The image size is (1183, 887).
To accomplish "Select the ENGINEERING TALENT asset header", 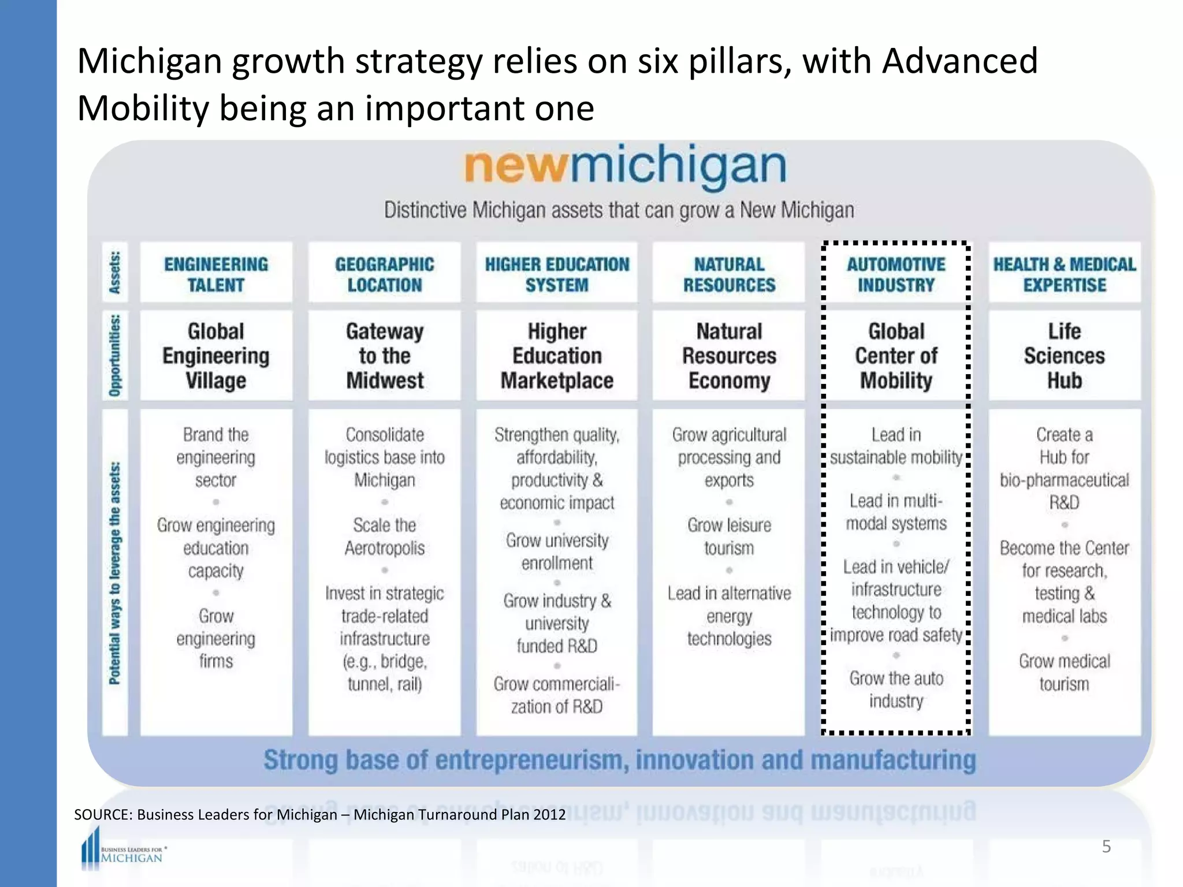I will point(216,274).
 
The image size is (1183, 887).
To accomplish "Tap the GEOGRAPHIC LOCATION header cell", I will point(385,274).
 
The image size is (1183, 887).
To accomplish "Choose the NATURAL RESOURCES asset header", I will point(729,274).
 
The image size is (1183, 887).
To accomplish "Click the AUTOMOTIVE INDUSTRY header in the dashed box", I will point(896,274).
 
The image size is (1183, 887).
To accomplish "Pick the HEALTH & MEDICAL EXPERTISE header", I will point(1065,274).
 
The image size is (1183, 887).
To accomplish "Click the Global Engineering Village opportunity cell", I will point(216,356).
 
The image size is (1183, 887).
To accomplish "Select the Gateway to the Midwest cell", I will point(385,356).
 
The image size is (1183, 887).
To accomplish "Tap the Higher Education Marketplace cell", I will point(557,356).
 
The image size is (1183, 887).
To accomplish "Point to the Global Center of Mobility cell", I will point(896,356).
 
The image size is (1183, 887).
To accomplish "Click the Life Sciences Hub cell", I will point(1065,356).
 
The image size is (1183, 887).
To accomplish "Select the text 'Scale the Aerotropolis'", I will point(385,536).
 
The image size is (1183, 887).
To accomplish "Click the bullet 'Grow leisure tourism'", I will point(729,536).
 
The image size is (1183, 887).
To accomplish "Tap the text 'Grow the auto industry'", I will point(896,690).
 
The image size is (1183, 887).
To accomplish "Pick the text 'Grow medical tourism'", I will point(1065,672).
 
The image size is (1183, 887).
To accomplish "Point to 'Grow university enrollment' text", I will point(557,551).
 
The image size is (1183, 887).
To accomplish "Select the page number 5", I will point(1106,847).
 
